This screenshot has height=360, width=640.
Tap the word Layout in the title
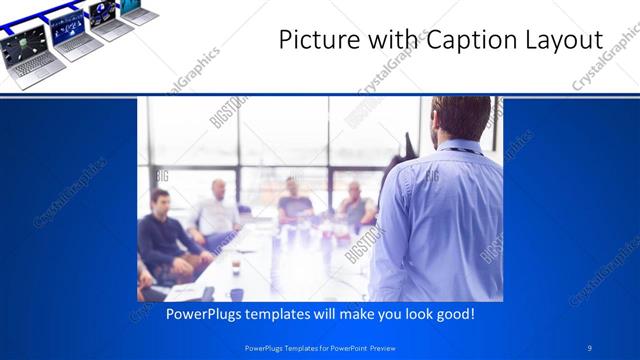[x=559, y=41]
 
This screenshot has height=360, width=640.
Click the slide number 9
[x=590, y=348]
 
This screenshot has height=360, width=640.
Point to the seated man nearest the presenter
[x=356, y=206]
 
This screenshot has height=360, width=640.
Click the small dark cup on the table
[x=237, y=294]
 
